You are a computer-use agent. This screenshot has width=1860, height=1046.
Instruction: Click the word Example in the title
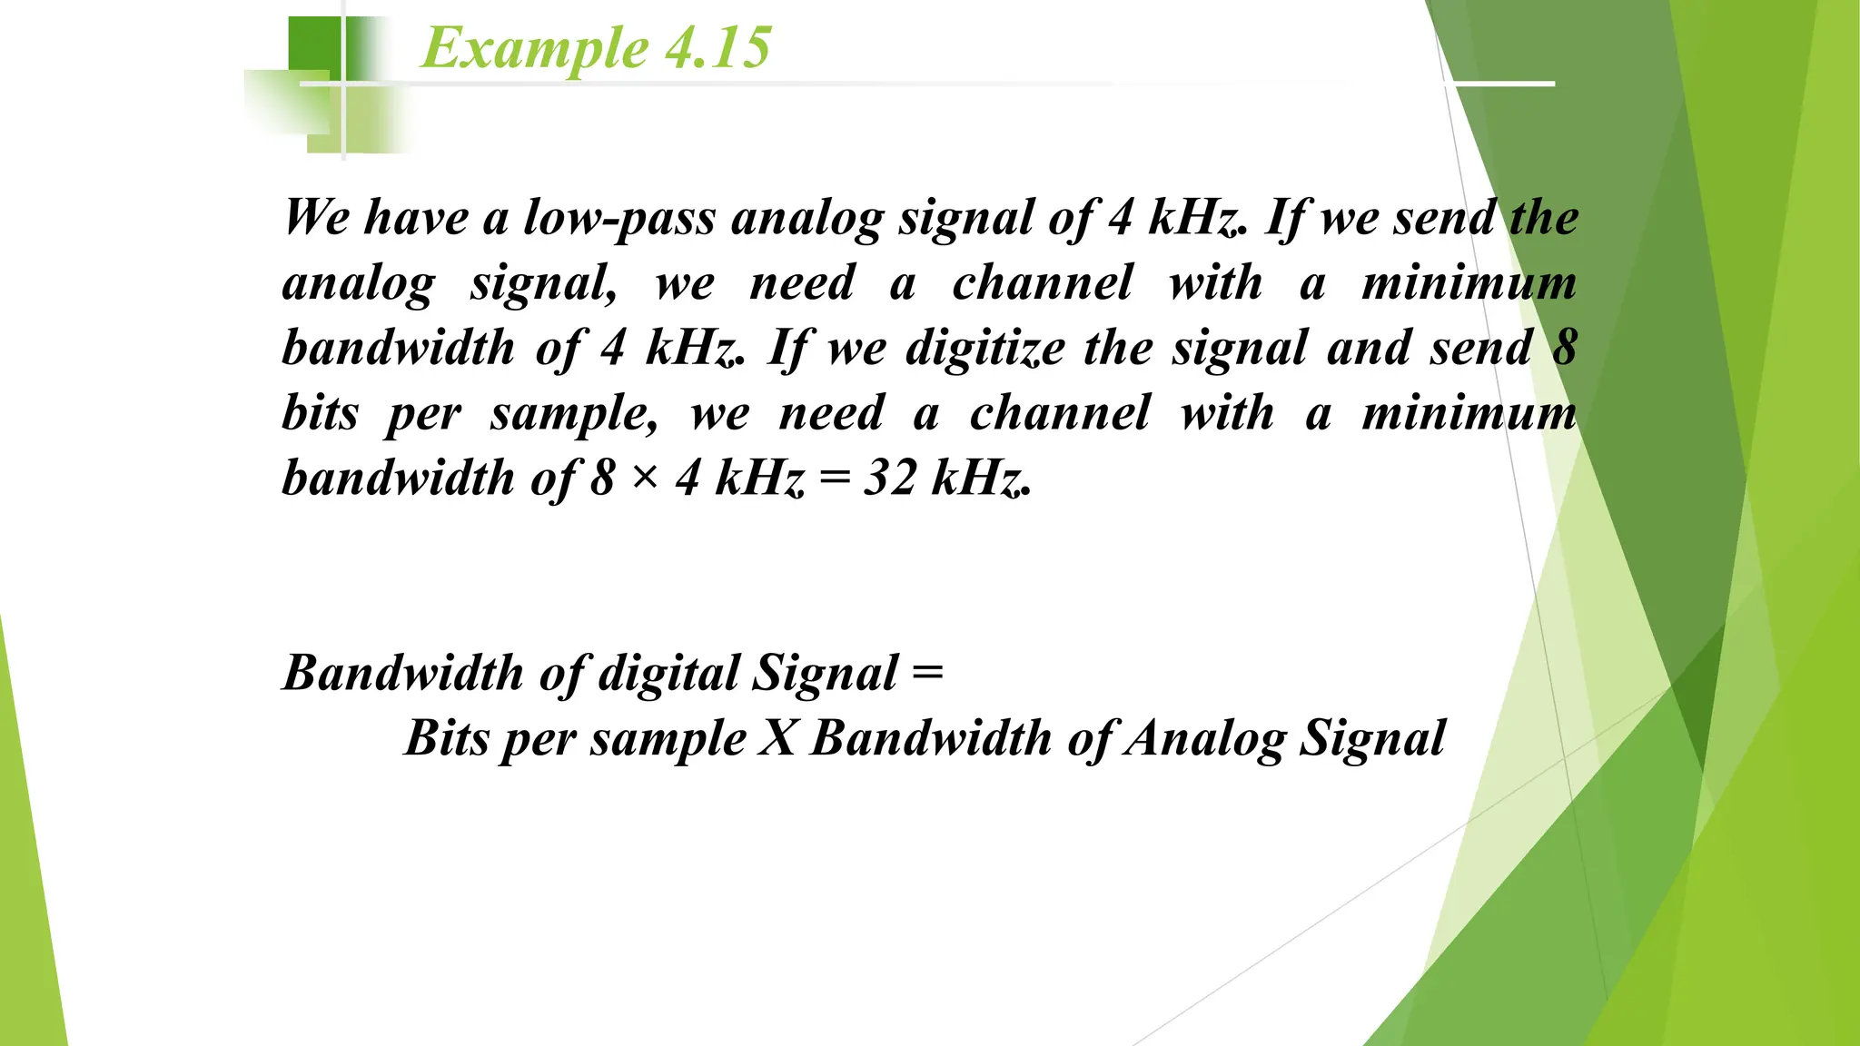534,48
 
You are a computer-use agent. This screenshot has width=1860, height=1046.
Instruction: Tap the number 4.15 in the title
718,48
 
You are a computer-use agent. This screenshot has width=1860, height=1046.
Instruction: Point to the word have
417,218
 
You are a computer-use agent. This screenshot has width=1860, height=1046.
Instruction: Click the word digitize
985,348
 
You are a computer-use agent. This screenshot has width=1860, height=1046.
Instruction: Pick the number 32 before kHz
890,478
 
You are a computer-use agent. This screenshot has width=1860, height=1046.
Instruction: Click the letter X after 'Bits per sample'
777,738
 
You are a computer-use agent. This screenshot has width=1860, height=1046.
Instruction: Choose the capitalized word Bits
447,738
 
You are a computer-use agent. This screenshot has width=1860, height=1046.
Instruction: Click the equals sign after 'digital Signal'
927,673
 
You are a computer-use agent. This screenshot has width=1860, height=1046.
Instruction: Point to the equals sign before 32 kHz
835,479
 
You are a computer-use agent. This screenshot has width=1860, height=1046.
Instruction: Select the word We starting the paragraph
317,218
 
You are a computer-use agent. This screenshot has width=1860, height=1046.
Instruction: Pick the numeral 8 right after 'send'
1564,348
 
